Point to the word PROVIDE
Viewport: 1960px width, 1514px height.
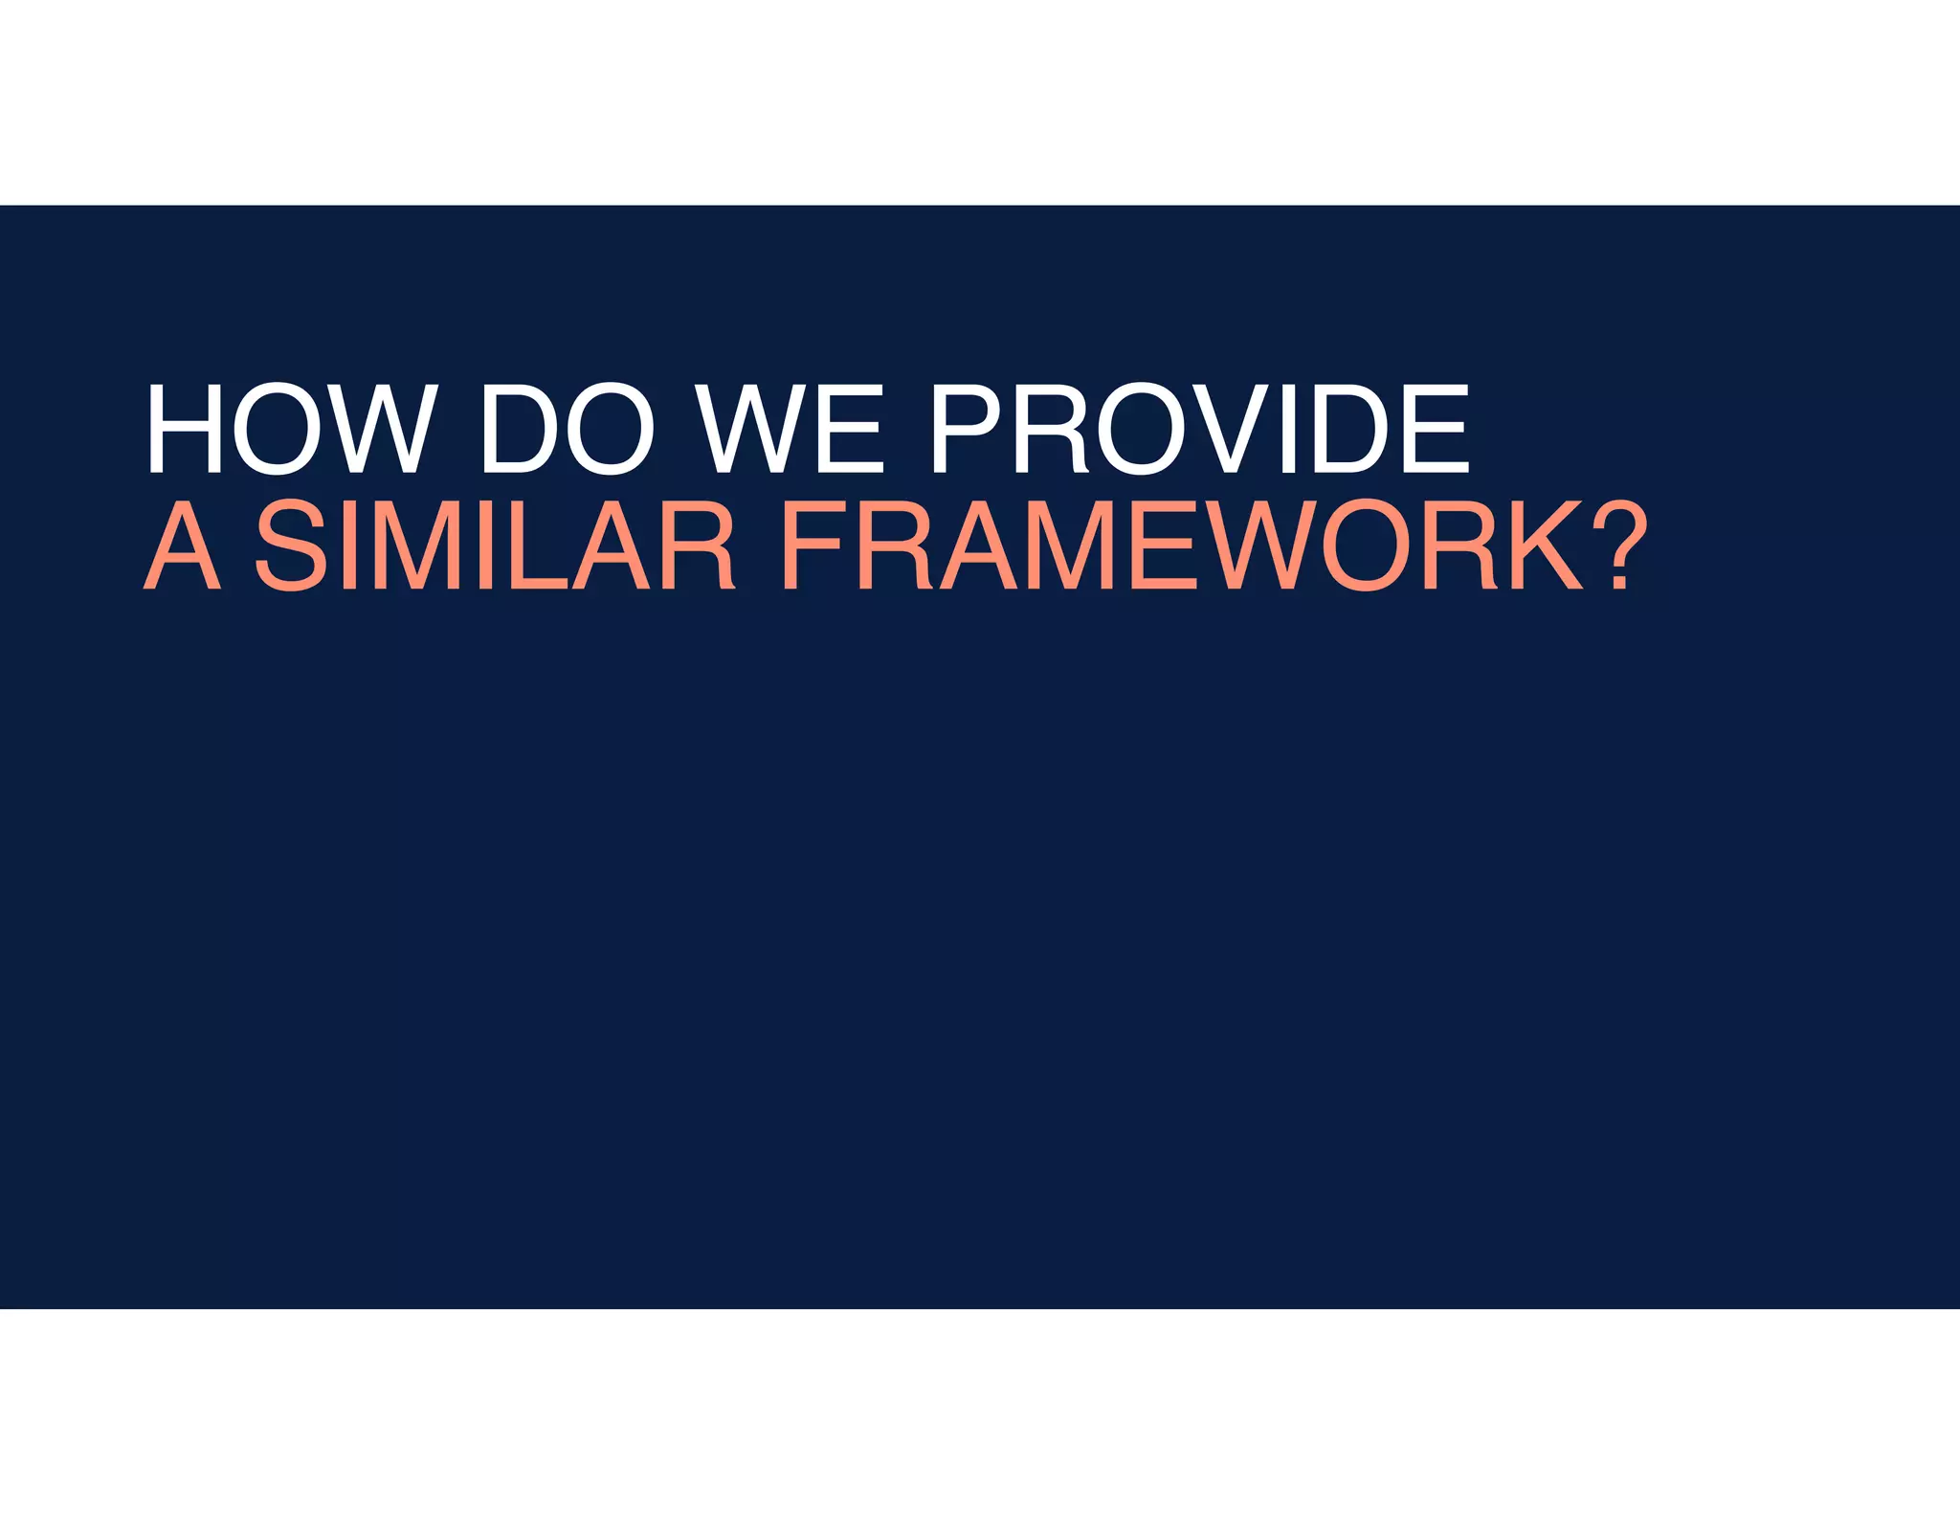pyautogui.click(x=1201, y=428)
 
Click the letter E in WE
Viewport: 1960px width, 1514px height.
pyautogui.click(x=851, y=428)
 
